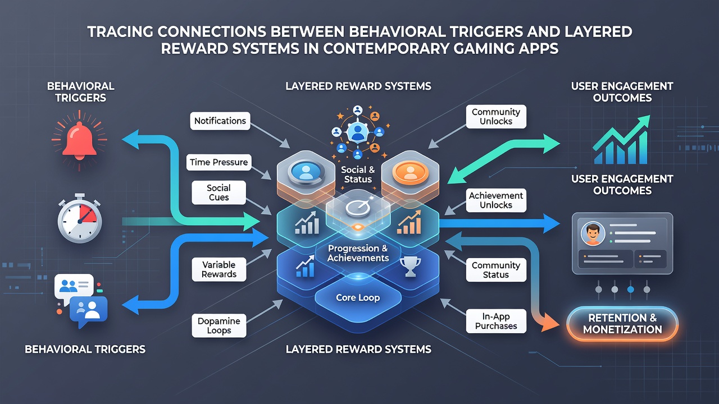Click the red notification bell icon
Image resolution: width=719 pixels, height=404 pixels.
pyautogui.click(x=79, y=140)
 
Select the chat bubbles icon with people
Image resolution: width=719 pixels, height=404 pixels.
pyautogui.click(x=81, y=300)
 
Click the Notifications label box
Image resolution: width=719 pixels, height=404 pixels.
pyautogui.click(x=220, y=121)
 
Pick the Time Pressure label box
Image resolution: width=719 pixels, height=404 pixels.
pyautogui.click(x=219, y=162)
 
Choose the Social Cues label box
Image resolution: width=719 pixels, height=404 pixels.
pyautogui.click(x=219, y=192)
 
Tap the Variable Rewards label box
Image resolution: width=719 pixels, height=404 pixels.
pyautogui.click(x=219, y=269)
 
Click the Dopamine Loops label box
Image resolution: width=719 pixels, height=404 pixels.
pyautogui.click(x=219, y=326)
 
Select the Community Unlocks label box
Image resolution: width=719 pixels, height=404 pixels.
pyautogui.click(x=496, y=116)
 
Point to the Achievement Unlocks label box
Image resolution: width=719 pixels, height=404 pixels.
pyautogui.click(x=496, y=200)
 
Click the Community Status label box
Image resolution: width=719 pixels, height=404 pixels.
pyautogui.click(x=496, y=270)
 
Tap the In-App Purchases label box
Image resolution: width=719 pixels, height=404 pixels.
pyautogui.click(x=496, y=321)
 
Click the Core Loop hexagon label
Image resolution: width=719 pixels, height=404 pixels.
pyautogui.click(x=358, y=297)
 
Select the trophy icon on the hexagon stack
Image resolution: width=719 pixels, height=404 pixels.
pyautogui.click(x=410, y=267)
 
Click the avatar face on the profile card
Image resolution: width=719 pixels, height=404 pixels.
pyautogui.click(x=593, y=234)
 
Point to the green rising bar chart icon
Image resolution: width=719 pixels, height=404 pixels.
pyautogui.click(x=621, y=140)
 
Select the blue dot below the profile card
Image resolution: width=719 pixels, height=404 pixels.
pyautogui.click(x=630, y=289)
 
